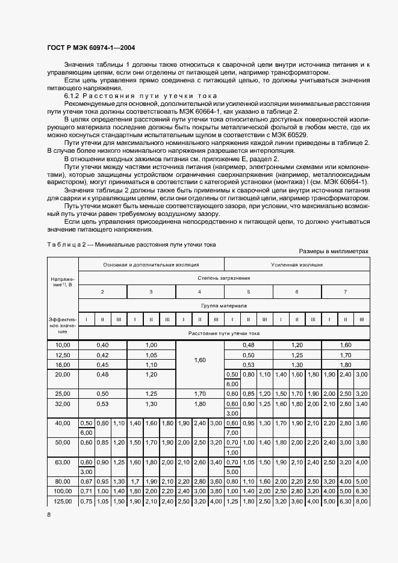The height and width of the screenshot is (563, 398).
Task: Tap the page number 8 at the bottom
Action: pos(49,515)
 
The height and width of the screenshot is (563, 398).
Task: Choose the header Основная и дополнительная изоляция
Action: pos(151,264)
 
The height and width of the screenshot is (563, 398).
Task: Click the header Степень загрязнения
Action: pos(223,278)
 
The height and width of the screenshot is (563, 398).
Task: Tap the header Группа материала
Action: pos(223,306)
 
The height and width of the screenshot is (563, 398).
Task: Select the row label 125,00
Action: pos(63,501)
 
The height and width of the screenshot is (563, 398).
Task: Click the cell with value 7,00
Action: pos(232,432)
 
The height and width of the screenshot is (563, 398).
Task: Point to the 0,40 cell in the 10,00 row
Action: pos(102,345)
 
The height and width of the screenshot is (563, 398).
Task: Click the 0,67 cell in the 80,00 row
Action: pos(86,482)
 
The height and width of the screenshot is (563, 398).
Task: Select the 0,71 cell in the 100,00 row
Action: pos(86,491)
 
